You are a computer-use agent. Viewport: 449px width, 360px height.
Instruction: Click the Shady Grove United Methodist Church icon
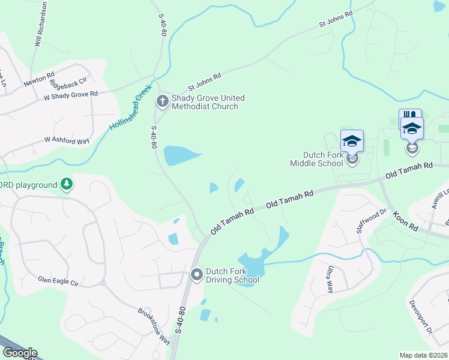(162, 101)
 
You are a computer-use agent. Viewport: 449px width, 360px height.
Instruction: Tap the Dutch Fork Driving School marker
(196, 275)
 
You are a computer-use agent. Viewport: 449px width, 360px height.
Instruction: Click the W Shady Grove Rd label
(70, 95)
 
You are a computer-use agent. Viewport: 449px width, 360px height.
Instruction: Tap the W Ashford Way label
(67, 140)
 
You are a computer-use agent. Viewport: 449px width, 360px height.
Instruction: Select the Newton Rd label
(39, 82)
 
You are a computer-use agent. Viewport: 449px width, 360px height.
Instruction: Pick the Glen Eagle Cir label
(58, 280)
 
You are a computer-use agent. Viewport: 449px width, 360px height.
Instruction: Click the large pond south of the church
(181, 155)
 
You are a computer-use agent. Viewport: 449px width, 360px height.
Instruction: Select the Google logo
(19, 353)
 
